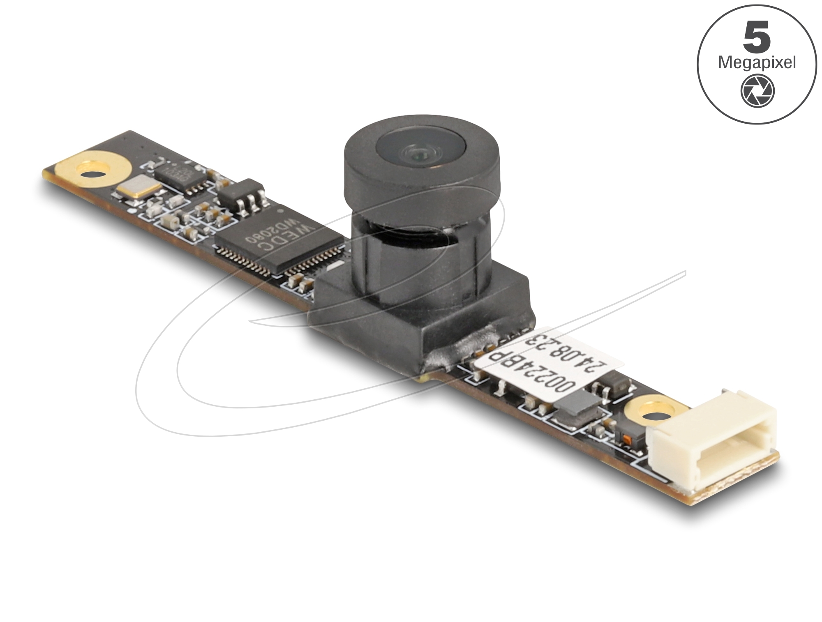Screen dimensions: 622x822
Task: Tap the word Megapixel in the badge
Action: coord(757,63)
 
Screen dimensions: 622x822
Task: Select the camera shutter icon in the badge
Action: coord(757,91)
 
